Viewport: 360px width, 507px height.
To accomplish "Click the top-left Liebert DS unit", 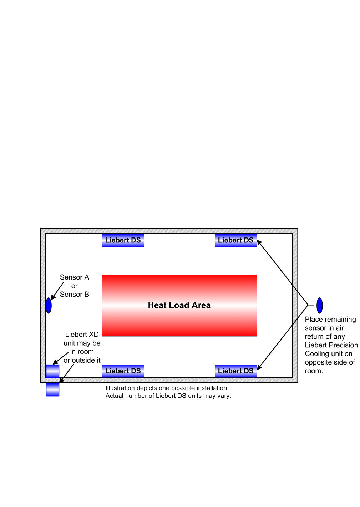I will point(123,240).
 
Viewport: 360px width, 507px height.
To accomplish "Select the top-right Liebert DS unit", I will point(235,240).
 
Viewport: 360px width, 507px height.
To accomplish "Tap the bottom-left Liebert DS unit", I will point(123,371).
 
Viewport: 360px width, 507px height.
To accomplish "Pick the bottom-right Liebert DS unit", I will point(235,371).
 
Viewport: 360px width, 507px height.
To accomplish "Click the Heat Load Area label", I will point(179,305).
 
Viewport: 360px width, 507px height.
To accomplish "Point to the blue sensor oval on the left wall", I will point(49,305).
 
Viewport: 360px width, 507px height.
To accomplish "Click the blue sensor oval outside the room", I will point(320,305).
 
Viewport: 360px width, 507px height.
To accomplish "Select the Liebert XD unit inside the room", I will point(52,371).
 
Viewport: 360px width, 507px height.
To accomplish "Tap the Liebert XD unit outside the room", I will point(52,390).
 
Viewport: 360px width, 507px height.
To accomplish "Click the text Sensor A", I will point(74,277).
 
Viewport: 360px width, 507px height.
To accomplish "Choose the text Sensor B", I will point(74,295).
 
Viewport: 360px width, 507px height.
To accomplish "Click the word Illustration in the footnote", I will point(120,388).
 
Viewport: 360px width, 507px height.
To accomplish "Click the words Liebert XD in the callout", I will point(82,335).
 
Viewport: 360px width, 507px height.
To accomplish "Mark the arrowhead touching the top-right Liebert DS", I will point(259,243).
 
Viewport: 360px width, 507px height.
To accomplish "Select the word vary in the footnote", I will point(224,396).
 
